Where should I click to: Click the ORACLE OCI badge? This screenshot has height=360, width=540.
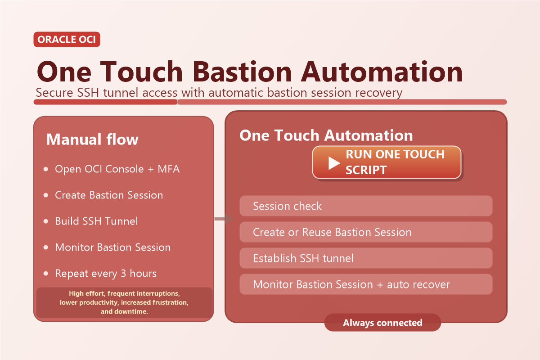pyautogui.click(x=67, y=40)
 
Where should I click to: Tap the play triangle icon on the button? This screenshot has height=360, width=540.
pyautogui.click(x=333, y=162)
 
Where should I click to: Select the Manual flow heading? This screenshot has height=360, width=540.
pyautogui.click(x=92, y=139)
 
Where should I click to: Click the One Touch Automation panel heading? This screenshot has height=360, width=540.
pyautogui.click(x=326, y=135)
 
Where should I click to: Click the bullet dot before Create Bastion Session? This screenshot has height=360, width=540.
pyautogui.click(x=46, y=195)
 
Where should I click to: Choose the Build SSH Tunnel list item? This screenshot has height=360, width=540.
pyautogui.click(x=96, y=221)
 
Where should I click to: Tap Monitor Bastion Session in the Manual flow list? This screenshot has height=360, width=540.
pyautogui.click(x=112, y=247)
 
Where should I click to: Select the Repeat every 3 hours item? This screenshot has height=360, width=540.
pyautogui.click(x=106, y=273)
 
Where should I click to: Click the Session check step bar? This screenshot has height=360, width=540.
pyautogui.click(x=365, y=206)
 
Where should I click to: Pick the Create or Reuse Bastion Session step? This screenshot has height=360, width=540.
pyautogui.click(x=365, y=232)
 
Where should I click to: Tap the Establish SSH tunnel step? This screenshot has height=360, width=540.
pyautogui.click(x=365, y=258)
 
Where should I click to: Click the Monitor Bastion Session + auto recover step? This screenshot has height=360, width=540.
pyautogui.click(x=365, y=284)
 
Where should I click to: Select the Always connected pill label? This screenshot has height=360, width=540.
pyautogui.click(x=382, y=323)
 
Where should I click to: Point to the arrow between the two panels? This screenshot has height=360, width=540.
pyautogui.click(x=224, y=219)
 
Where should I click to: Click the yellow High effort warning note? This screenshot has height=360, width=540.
pyautogui.click(x=124, y=302)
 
